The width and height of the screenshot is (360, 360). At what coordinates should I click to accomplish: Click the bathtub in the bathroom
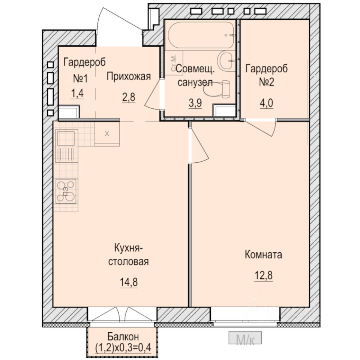201,35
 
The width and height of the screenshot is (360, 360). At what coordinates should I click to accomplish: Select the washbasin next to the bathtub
226,60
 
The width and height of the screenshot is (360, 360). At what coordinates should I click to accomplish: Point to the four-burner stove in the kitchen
66,191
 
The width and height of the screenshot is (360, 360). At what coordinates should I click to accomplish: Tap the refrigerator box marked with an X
107,133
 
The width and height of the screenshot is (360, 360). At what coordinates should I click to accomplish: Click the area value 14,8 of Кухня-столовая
129,282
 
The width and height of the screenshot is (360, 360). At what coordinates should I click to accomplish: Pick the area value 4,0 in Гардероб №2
266,103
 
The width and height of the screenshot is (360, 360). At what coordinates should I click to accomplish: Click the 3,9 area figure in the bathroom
195,103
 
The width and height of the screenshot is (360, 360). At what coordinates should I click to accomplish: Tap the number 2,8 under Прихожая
129,97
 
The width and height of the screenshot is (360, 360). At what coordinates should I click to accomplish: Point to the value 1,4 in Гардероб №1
77,94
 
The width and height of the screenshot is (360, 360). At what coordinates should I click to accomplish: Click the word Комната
263,255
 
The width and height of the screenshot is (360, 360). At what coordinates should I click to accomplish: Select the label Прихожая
129,76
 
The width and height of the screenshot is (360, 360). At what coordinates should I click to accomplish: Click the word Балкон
123,337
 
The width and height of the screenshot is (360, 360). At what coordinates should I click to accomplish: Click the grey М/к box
245,338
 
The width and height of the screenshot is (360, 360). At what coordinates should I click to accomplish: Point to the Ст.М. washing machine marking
173,63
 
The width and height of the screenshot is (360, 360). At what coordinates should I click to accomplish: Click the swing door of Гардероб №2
261,127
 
